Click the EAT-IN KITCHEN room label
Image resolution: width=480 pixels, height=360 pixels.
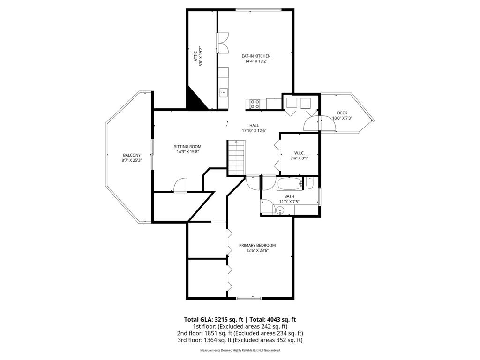coord(256,56)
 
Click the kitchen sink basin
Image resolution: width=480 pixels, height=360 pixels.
coord(223,92)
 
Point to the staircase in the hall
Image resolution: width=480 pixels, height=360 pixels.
coord(236,157)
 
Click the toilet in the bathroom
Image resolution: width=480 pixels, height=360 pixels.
coord(309,183)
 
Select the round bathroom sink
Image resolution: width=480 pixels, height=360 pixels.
coord(280,210)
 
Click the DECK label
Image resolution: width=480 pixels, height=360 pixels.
coord(342,113)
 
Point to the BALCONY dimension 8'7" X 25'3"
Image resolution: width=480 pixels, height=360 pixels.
coord(132,160)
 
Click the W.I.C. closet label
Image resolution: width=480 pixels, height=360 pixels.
coord(300,153)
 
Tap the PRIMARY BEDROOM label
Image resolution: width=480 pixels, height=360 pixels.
coord(257,245)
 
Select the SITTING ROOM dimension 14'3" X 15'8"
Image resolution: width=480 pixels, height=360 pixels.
coord(187,151)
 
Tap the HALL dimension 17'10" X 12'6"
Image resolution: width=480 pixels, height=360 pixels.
coord(254,130)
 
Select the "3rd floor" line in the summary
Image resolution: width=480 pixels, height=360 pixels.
coord(240,340)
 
